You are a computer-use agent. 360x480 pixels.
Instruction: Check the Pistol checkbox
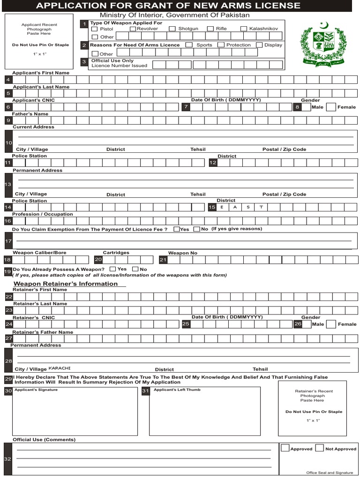coord(94,29)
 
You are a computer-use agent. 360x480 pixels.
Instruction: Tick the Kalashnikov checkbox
coord(244,29)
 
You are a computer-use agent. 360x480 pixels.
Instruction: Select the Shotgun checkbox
coord(172,29)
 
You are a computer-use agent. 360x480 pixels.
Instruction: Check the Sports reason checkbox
coord(189,45)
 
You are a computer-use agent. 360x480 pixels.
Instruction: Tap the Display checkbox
coord(259,45)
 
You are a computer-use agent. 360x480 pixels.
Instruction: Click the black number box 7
coord(186,107)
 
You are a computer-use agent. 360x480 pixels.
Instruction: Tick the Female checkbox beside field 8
coord(331,107)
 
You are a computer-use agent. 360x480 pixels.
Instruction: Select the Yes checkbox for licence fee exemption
coord(176,229)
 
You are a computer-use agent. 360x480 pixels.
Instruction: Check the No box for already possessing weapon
coord(135,269)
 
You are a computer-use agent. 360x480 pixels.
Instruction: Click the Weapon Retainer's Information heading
coord(65,284)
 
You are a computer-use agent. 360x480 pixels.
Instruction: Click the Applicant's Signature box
coord(75,411)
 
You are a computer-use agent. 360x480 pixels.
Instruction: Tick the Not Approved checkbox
coord(319,448)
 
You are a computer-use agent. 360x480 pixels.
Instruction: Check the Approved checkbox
coord(285,448)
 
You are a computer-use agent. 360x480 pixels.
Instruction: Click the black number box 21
coord(163,259)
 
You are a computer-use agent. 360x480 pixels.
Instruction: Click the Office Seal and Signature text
coord(330,472)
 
